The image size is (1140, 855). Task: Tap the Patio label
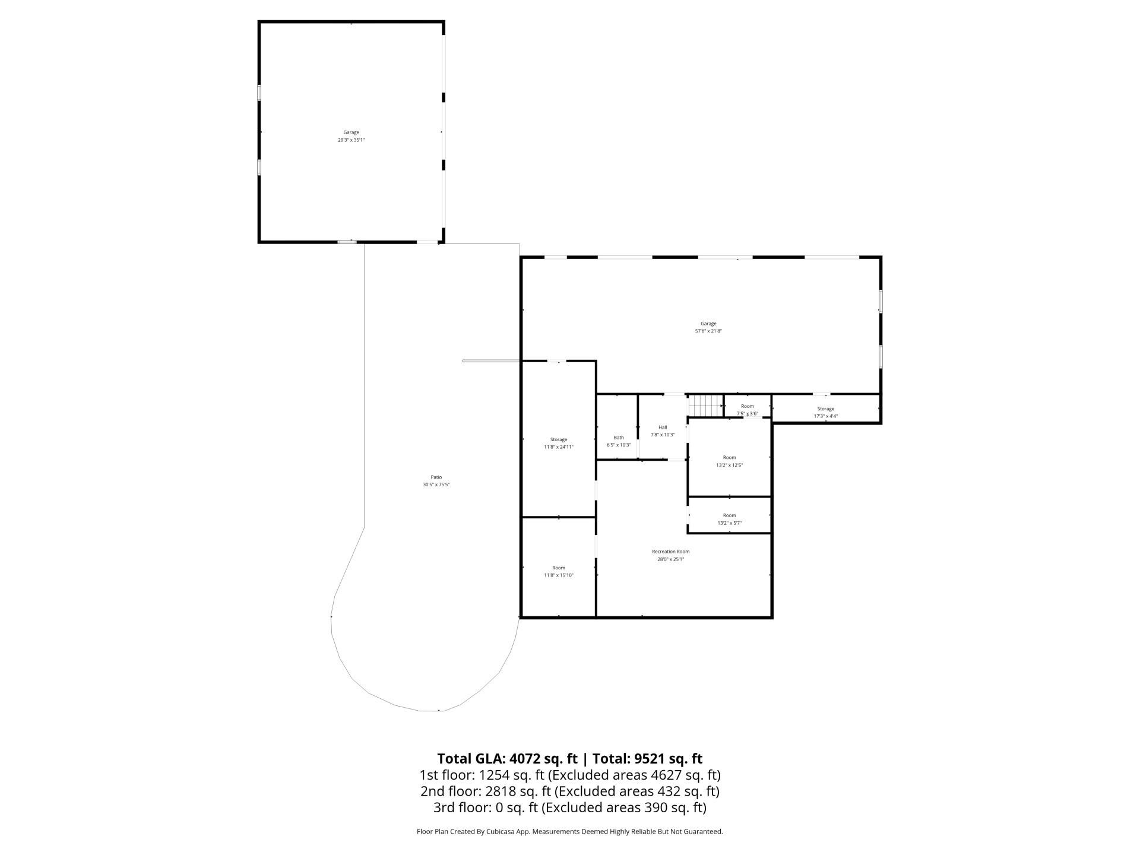click(436, 477)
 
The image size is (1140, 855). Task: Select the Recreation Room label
click(670, 552)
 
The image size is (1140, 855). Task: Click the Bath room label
click(619, 438)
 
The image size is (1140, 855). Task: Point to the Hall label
click(663, 427)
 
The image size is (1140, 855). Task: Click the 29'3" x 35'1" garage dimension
click(351, 140)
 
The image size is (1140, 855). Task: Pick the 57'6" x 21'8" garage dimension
click(708, 331)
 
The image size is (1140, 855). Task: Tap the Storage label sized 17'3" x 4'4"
click(825, 409)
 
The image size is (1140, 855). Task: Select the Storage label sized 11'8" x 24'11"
click(559, 440)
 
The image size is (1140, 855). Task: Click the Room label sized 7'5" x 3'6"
click(747, 407)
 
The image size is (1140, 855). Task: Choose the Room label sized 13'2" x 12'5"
click(729, 458)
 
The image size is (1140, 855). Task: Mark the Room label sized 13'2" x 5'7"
click(729, 516)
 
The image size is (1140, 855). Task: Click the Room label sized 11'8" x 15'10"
click(559, 568)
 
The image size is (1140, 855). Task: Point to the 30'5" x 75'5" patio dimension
click(436, 485)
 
